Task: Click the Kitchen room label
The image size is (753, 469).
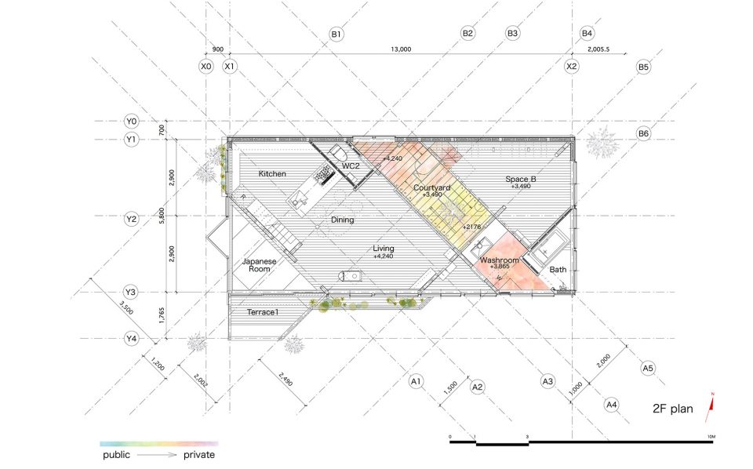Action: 272,174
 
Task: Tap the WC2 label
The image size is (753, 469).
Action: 351,166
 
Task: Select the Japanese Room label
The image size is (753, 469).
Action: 260,265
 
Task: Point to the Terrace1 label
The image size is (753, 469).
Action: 263,312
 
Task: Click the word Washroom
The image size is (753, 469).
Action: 500,260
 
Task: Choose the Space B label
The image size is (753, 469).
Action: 521,179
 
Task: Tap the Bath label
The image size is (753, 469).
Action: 558,270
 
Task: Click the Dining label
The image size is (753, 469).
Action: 343,220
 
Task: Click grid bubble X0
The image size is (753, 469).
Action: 206,66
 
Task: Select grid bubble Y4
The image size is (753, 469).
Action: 131,339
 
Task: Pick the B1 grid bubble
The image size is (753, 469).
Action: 336,34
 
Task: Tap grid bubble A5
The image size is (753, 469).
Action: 648,368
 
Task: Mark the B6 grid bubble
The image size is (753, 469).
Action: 643,133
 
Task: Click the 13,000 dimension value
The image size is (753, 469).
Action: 401,49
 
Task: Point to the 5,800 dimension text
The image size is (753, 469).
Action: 162,216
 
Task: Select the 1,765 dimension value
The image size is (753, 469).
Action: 162,315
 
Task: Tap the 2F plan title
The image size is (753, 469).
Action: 673,409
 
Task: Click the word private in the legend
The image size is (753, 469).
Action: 198,455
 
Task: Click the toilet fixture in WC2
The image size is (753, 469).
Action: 339,154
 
